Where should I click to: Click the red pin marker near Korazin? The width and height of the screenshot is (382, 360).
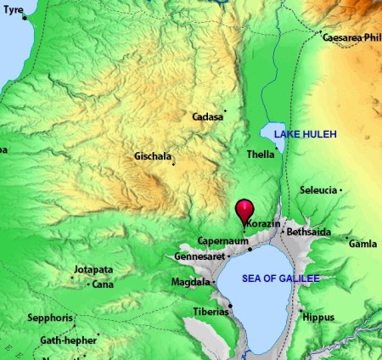click(244, 209)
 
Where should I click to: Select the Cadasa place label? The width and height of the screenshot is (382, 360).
click(208, 116)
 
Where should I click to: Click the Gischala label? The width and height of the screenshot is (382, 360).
click(153, 157)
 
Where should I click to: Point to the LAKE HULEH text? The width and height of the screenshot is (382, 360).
click(305, 134)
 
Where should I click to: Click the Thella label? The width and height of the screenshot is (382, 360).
click(260, 155)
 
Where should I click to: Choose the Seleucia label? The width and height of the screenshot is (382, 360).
click(319, 190)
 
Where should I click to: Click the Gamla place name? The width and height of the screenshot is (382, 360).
click(362, 244)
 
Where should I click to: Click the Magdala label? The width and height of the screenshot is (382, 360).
click(187, 282)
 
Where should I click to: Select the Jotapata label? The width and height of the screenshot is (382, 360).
click(93, 271)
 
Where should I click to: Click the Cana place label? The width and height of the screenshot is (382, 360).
click(103, 284)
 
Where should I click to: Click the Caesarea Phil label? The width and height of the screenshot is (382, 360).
click(352, 37)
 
